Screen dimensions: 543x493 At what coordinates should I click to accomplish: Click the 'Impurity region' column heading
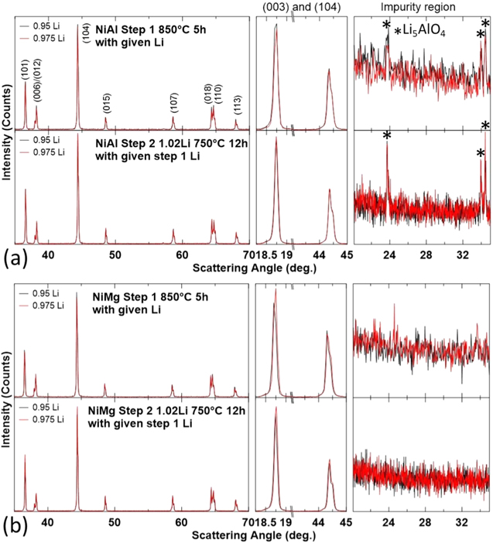422,7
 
